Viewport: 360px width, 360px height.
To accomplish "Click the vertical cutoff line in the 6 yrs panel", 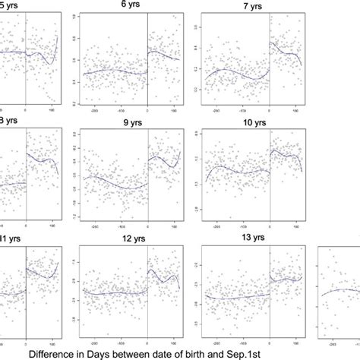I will [147, 61].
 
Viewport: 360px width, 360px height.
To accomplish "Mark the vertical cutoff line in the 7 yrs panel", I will [268, 61].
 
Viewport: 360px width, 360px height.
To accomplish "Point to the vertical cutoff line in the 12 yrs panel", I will [147, 292].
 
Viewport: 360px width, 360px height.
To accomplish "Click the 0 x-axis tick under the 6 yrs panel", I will [147, 109].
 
